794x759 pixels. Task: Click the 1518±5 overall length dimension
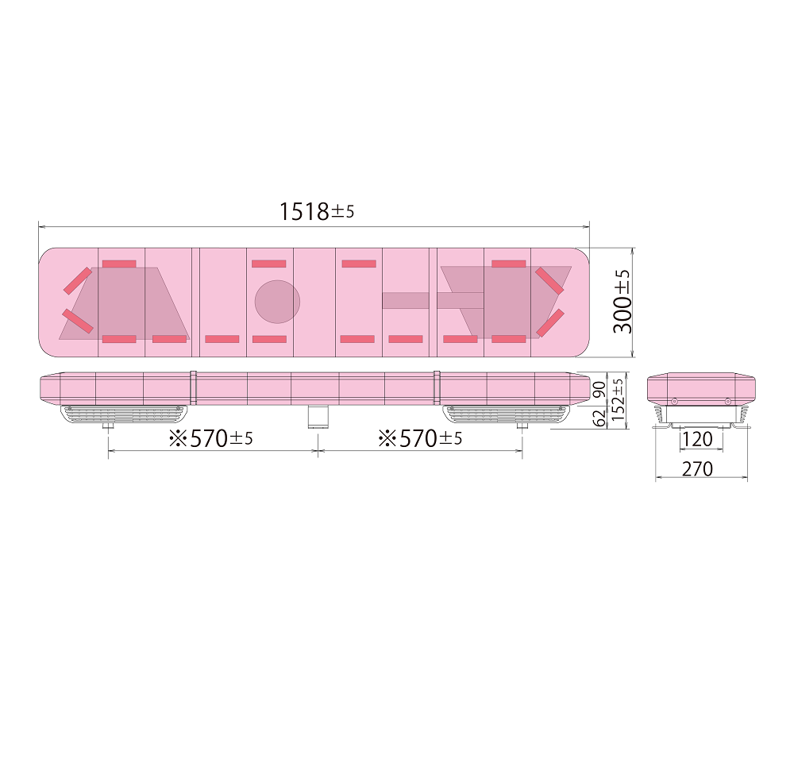(x=315, y=211)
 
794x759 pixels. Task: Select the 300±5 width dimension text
(x=623, y=301)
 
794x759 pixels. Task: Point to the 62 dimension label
(x=599, y=418)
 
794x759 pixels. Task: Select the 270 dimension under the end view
(x=698, y=469)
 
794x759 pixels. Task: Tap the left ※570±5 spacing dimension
(x=210, y=438)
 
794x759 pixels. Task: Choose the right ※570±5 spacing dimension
(x=420, y=438)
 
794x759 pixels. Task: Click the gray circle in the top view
(x=277, y=302)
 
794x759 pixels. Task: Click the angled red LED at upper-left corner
(x=77, y=281)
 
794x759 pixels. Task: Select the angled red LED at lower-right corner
(x=549, y=322)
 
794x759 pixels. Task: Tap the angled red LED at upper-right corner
(x=549, y=280)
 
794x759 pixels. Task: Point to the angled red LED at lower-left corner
(x=77, y=322)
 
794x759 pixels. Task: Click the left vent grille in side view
(x=123, y=414)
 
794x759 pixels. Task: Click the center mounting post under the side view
(x=318, y=416)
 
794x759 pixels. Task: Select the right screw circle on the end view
(x=727, y=401)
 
